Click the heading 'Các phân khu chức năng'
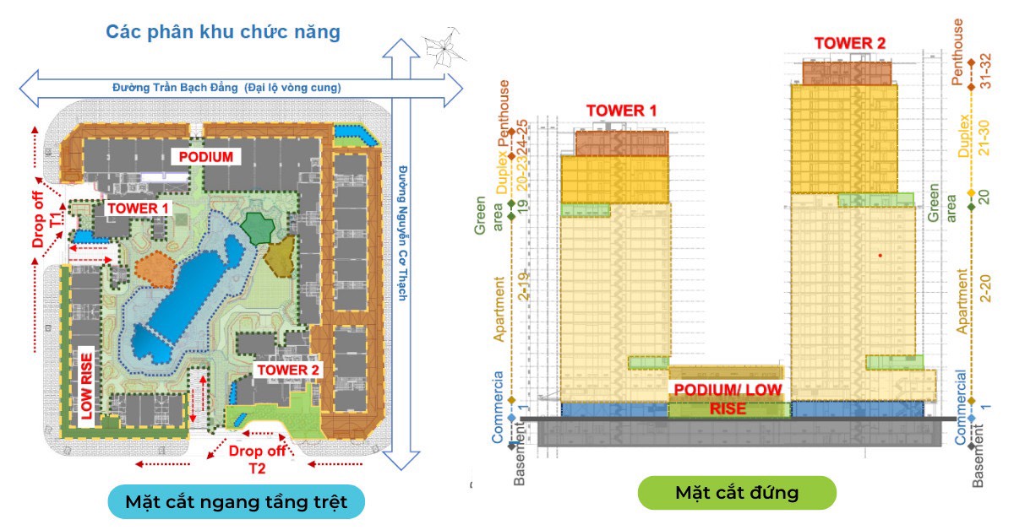[x=223, y=33]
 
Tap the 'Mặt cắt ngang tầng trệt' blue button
[x=236, y=500]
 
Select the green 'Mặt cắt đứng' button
[x=736, y=492]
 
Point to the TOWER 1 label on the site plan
[x=138, y=208]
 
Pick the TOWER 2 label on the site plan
[x=289, y=370]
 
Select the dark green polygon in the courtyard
[x=256, y=228]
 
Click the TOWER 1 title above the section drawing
[x=621, y=111]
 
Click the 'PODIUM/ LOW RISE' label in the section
[x=727, y=398]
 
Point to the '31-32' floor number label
[x=984, y=73]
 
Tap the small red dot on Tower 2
[x=880, y=254]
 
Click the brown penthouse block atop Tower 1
[x=621, y=142]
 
